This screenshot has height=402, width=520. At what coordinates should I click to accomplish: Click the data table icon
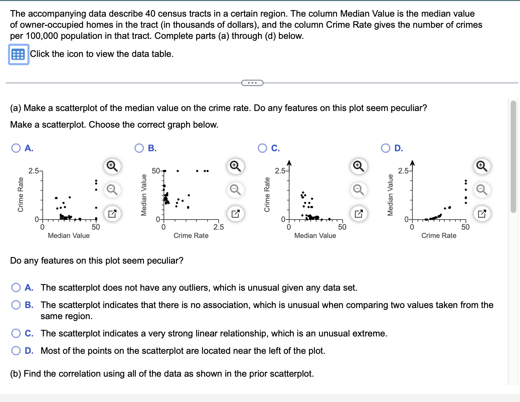click(x=18, y=54)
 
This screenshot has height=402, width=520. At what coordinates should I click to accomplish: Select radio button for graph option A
click(x=16, y=148)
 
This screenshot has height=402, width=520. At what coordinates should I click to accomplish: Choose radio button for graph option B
click(x=139, y=148)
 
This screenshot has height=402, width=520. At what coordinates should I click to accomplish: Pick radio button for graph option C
click(x=262, y=148)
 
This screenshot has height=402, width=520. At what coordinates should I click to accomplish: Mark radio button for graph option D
click(x=386, y=148)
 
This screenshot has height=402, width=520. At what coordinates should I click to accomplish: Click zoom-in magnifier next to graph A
click(x=112, y=166)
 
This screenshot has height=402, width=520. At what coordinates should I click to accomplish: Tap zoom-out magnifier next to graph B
click(x=235, y=190)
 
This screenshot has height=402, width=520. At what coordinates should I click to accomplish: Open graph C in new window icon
click(x=359, y=213)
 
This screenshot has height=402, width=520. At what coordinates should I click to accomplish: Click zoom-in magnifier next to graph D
click(x=482, y=166)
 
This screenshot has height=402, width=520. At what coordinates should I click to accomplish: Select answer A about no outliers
click(x=16, y=288)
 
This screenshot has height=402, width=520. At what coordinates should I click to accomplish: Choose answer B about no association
click(x=16, y=305)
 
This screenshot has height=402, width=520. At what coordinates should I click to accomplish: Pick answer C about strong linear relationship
click(x=16, y=333)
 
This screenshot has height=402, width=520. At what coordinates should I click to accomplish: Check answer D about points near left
click(x=16, y=351)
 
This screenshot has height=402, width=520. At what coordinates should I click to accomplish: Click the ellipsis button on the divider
click(x=252, y=83)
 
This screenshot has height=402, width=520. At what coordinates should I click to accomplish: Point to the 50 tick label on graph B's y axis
click(x=156, y=171)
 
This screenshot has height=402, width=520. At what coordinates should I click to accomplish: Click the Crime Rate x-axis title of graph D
click(x=439, y=236)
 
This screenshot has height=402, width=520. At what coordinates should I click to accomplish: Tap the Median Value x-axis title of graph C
click(x=315, y=236)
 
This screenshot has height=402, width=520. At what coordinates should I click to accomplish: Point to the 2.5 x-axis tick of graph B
click(x=219, y=227)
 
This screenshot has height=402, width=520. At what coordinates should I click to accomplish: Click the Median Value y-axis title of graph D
click(x=390, y=195)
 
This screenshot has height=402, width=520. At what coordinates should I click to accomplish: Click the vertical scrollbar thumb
click(x=513, y=156)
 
